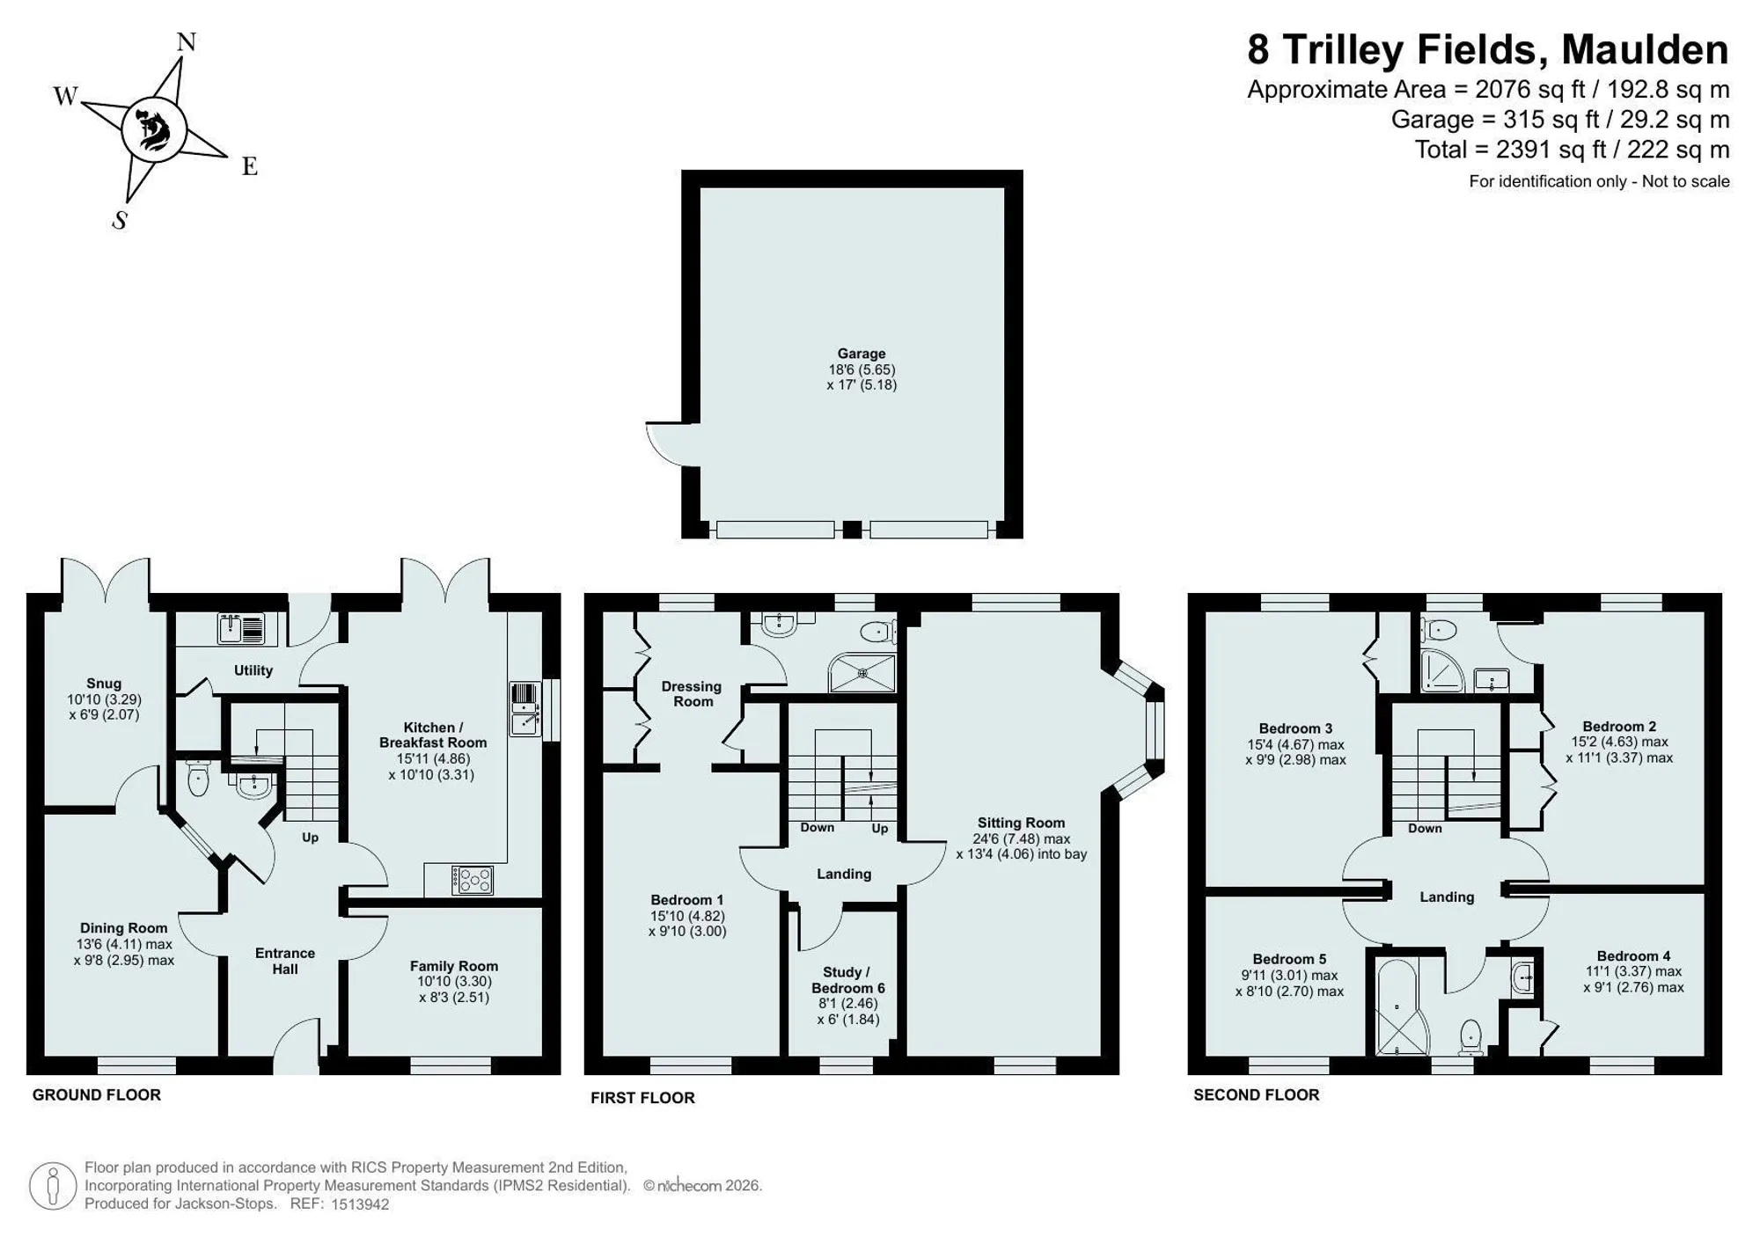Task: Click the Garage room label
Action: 862,354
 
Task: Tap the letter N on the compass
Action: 187,41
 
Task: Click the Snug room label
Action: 104,684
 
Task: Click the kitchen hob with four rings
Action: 472,880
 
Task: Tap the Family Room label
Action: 454,966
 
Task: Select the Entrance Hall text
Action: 285,961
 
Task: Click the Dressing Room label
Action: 692,693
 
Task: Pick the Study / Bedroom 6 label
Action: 847,979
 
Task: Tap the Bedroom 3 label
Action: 1295,728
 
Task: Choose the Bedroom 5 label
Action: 1289,959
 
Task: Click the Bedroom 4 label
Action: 1633,956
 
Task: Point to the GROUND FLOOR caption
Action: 97,1095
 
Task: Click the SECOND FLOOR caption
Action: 1257,1095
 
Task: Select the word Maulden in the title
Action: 1645,49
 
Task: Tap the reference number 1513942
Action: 360,1204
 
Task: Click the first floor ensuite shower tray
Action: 862,673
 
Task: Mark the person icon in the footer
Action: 53,1185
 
